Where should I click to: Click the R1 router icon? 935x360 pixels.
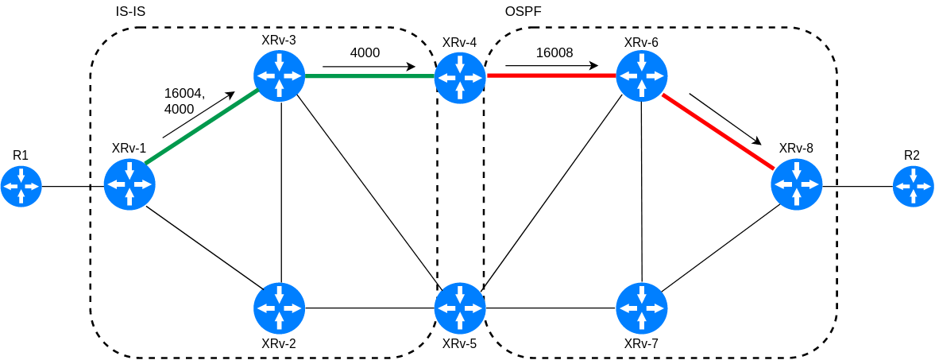point(21,187)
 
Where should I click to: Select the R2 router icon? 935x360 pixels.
point(913,187)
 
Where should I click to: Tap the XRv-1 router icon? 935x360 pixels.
point(129,184)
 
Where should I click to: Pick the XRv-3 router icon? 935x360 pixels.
point(279,76)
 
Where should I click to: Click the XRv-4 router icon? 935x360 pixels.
point(460,77)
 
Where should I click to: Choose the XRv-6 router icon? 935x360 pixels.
point(642,76)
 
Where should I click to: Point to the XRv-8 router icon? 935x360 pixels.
point(796,184)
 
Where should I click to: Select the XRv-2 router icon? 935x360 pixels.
point(279,308)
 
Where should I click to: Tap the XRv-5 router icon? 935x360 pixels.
point(460,308)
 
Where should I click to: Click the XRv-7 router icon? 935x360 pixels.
point(642,308)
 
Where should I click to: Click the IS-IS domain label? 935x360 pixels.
point(130,12)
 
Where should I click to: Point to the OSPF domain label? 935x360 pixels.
point(523,12)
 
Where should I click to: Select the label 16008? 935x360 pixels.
point(554,52)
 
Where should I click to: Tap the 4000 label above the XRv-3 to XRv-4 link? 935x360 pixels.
point(365,52)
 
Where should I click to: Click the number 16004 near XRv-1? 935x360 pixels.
point(184,93)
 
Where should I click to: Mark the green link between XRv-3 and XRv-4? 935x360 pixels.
point(369,76)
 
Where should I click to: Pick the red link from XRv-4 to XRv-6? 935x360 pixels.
point(551,76)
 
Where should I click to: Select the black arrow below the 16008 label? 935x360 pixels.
point(551,66)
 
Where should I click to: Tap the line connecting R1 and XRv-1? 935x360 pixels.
point(72,187)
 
